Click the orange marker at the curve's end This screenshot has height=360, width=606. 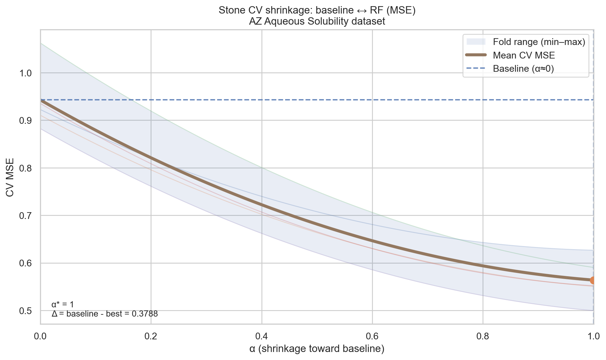593,280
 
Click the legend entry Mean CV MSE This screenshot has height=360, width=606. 523,55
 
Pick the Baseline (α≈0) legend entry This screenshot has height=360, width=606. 523,69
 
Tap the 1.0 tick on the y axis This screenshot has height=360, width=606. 26,73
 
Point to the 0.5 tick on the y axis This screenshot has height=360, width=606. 26,311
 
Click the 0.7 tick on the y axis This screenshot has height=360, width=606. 26,216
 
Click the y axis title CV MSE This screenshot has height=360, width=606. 10,177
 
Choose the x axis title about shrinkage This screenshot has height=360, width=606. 317,349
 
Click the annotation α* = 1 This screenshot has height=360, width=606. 63,305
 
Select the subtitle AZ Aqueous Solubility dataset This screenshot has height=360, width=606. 317,22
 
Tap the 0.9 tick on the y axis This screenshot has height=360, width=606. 26,121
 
